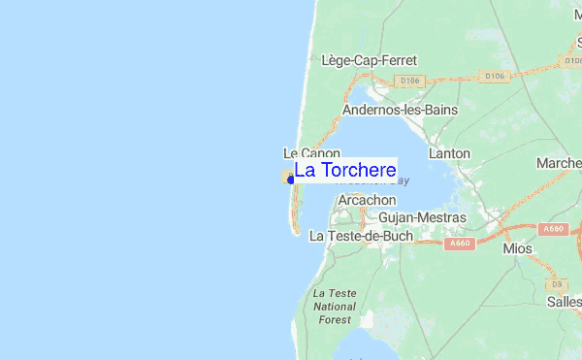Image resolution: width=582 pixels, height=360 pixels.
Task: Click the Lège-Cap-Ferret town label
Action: [x=369, y=60]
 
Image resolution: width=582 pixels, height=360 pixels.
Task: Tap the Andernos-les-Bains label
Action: [x=400, y=110]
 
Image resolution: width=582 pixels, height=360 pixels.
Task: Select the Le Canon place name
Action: [x=311, y=153]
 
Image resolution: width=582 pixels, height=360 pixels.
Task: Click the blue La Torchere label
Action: [x=344, y=171]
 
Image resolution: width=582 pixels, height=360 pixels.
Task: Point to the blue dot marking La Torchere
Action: [x=291, y=180]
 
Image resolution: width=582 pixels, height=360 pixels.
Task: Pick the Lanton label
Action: [x=447, y=153]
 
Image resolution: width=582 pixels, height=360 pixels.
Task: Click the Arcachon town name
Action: [x=368, y=200]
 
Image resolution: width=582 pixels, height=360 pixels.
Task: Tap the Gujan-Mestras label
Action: [x=422, y=217]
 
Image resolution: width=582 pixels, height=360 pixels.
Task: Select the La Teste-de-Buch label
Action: [x=361, y=236]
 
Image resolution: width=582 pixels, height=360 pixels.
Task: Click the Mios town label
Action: [x=517, y=249]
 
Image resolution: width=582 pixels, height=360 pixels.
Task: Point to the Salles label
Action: [x=564, y=303]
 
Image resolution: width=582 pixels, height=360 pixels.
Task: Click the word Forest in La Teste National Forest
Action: [x=335, y=319]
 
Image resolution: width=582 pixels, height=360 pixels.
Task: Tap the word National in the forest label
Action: [x=335, y=306]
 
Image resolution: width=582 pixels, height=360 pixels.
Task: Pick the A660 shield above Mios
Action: [x=553, y=229]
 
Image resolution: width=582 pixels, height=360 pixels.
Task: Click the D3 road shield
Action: [x=556, y=284]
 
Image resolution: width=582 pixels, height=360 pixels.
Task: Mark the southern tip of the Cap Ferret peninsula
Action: [x=296, y=233]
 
